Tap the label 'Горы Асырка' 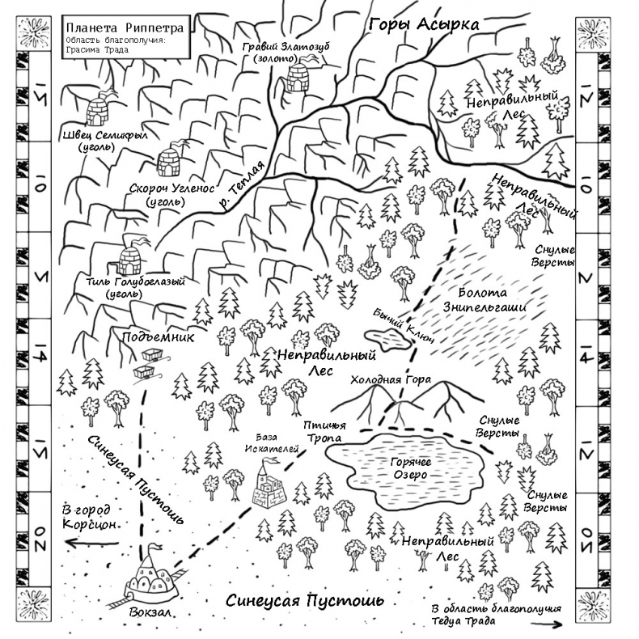click(x=424, y=25)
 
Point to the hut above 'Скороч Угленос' click(x=172, y=161)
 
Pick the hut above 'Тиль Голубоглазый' click(x=130, y=256)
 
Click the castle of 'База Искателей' click(x=271, y=485)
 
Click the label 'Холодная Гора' click(x=391, y=380)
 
